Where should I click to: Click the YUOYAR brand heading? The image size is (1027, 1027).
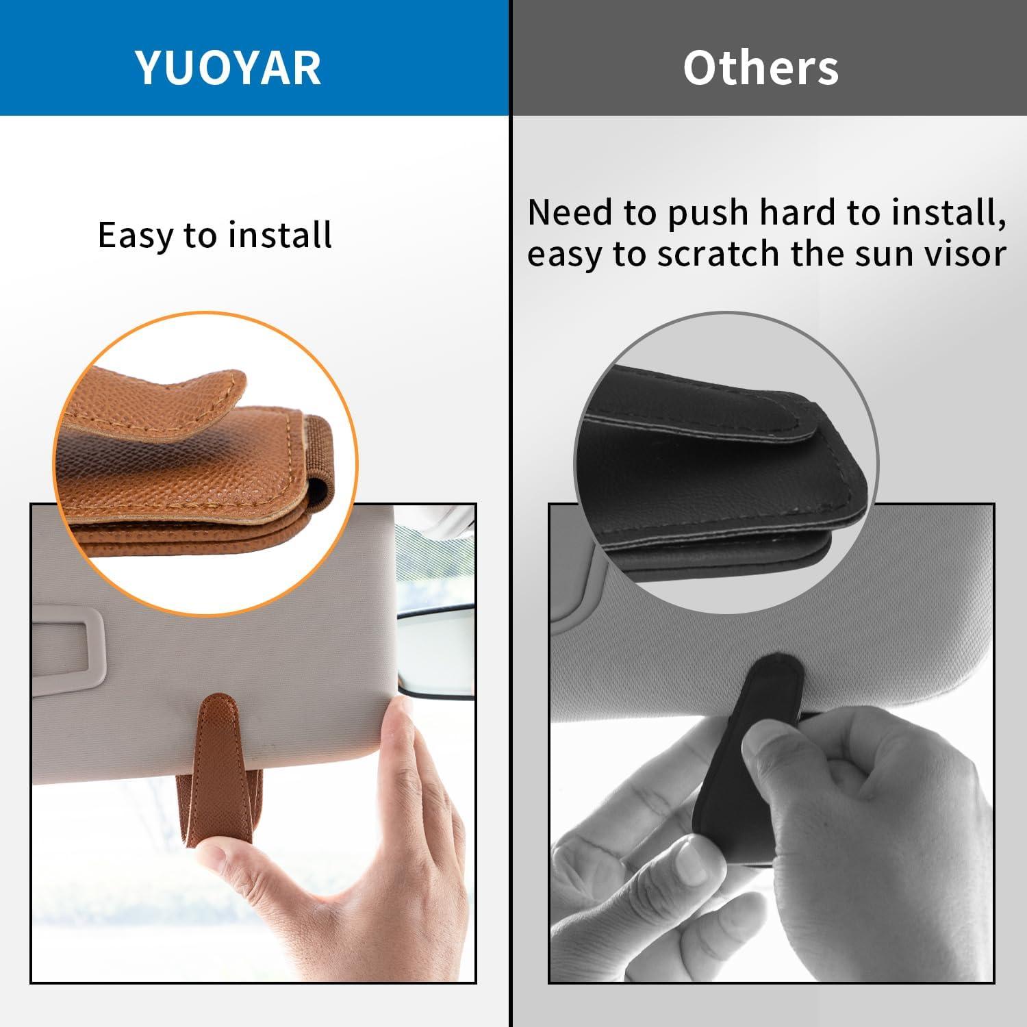(228, 67)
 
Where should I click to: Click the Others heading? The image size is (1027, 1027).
(761, 68)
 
